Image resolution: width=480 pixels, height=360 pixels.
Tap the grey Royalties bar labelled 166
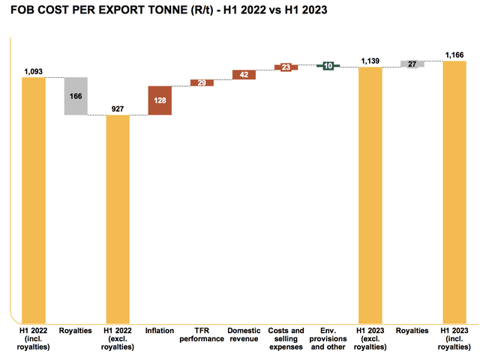(76, 96)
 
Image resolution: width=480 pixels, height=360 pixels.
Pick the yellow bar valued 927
(118, 217)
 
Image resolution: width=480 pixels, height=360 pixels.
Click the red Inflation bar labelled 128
(160, 100)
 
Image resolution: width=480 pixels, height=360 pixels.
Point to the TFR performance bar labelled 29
(202, 82)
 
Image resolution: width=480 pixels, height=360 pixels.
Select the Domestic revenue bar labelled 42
(244, 74)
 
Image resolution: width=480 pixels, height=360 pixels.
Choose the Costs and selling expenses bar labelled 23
(286, 67)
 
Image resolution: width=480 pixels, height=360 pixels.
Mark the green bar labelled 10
(328, 66)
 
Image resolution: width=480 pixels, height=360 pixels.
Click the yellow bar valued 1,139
(370, 194)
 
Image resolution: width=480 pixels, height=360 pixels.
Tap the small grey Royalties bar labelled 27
(412, 64)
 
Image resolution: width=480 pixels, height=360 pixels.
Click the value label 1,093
(34, 71)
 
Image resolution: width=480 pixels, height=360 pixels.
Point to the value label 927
(118, 109)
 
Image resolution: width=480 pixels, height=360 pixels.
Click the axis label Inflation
(160, 331)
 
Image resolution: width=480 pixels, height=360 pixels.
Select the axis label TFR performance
(202, 334)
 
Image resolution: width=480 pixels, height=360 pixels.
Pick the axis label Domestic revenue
(244, 334)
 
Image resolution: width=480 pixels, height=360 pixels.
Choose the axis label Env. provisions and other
(328, 339)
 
